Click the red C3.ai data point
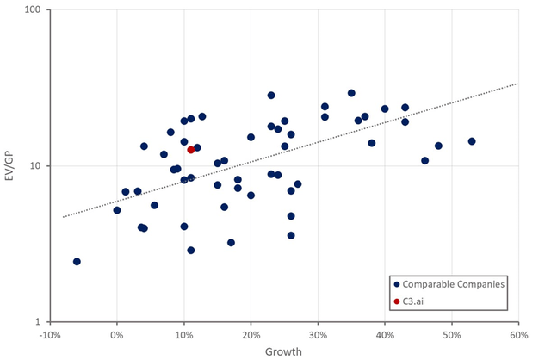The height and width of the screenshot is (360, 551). [191, 150]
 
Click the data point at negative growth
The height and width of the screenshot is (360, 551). [77, 262]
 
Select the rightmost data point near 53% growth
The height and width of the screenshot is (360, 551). [472, 141]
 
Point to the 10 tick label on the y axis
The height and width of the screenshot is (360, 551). [36, 166]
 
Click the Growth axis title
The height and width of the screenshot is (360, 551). [283, 351]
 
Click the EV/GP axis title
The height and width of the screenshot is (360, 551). [10, 165]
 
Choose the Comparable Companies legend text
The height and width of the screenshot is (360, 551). [463, 283]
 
